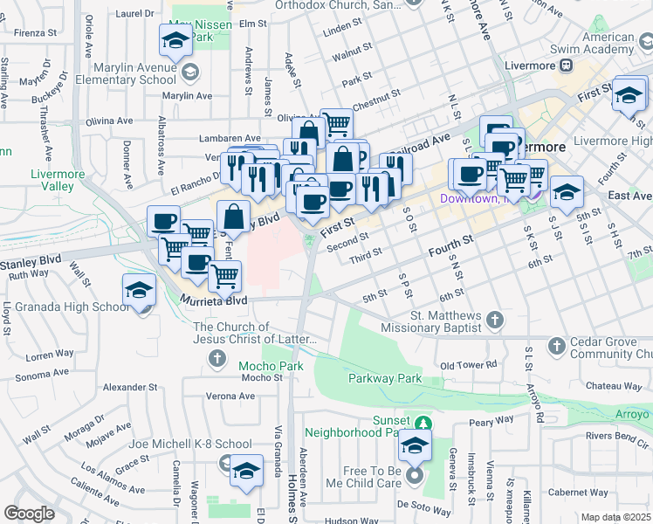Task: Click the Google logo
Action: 28,514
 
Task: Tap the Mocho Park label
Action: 272,365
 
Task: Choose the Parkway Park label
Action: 384,378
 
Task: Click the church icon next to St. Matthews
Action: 496,319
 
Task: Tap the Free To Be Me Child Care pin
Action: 415,476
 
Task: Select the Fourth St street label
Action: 450,244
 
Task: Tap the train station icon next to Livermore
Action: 567,64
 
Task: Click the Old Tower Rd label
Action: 468,364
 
